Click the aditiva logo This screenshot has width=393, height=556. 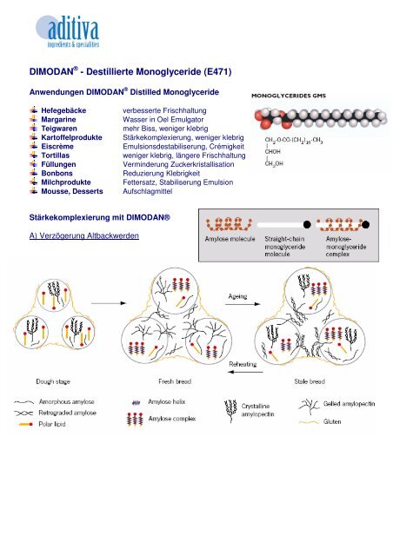click(68, 31)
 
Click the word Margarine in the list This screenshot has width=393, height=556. click(58, 120)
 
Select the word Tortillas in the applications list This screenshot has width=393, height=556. click(55, 156)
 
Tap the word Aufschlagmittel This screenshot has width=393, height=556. click(147, 191)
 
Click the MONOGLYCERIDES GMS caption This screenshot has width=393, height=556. click(289, 96)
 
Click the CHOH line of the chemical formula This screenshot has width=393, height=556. click(272, 152)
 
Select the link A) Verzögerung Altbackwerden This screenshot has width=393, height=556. click(84, 235)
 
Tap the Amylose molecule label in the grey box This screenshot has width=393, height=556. click(230, 239)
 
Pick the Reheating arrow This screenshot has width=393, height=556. click(245, 372)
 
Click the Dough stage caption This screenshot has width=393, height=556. click(53, 382)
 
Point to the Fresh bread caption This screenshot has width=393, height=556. click(175, 381)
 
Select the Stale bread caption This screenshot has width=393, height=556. click(310, 381)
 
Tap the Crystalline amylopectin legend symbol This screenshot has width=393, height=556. click(230, 411)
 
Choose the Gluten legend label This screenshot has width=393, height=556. click(332, 421)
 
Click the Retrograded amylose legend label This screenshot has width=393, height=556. click(68, 414)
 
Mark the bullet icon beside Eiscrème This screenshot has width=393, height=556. click(34, 146)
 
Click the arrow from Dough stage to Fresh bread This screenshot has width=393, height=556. click(109, 303)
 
